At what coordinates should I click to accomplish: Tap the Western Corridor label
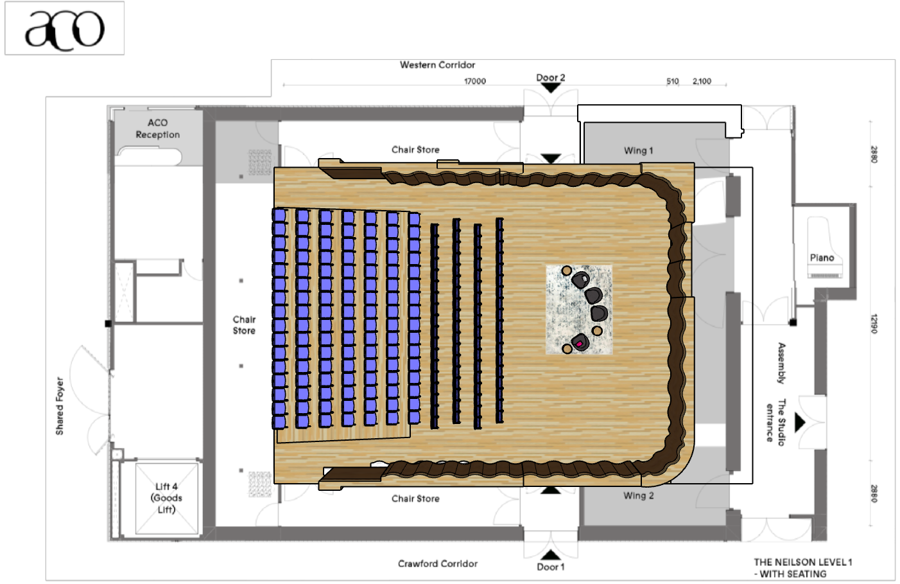[438, 65]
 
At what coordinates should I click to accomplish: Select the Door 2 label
[550, 78]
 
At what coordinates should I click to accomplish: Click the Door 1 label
[550, 567]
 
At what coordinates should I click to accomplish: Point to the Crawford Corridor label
[438, 563]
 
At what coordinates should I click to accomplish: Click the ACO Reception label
[157, 128]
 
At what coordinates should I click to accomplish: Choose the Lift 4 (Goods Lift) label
[166, 498]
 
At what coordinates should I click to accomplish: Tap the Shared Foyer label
[60, 406]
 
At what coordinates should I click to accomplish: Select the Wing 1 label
[639, 150]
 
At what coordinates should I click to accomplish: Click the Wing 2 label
[639, 495]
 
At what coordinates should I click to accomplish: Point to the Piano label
[822, 258]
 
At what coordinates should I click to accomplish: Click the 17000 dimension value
[475, 81]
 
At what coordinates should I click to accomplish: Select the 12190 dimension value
[874, 323]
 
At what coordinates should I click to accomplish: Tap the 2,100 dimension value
[702, 81]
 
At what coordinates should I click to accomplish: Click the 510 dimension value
[673, 81]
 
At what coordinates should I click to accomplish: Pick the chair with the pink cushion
[580, 342]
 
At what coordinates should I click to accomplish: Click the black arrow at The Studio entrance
[800, 423]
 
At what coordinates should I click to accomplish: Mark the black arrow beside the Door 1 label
[550, 555]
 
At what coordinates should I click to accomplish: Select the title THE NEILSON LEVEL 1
[803, 562]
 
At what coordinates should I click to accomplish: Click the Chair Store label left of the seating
[244, 325]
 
